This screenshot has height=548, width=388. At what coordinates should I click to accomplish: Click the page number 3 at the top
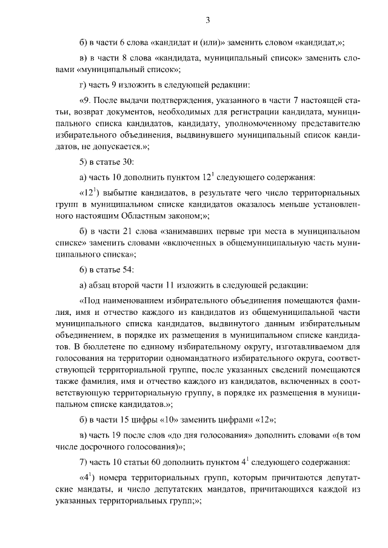pyautogui.click(x=207, y=21)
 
